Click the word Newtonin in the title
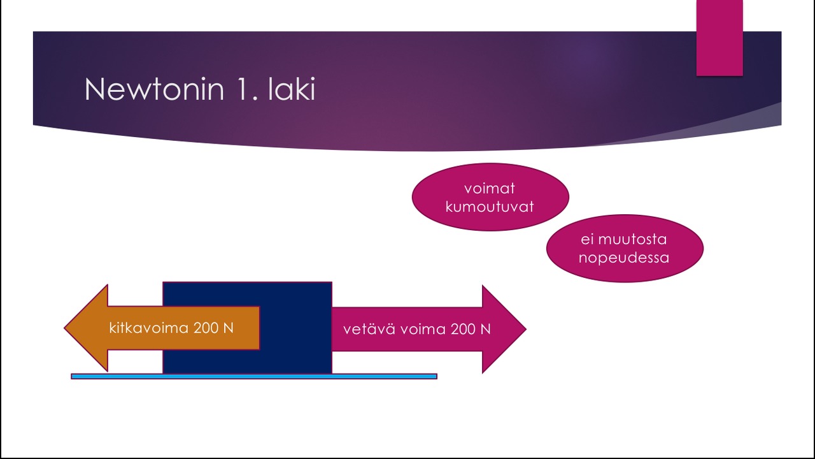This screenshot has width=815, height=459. pos(154,90)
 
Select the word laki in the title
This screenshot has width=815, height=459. pos(292,90)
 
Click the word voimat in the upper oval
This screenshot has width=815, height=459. pos(490,189)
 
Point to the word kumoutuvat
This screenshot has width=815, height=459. pos(490,207)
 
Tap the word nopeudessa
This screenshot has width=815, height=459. pos(624,258)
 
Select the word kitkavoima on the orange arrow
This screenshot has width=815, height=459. pos(149,328)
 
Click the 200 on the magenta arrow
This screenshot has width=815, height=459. pos(464,330)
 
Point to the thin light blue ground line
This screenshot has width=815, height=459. pos(382,377)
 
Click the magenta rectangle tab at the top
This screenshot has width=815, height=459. pos(719,38)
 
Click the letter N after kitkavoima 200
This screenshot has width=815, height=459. pos(229,328)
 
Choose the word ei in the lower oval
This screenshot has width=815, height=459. pos(586,240)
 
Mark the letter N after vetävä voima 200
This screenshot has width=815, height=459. pos(486,330)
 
